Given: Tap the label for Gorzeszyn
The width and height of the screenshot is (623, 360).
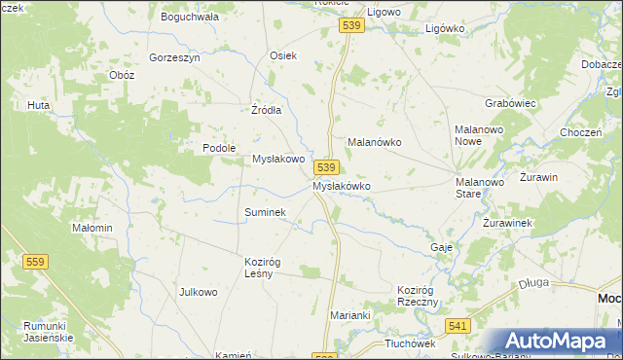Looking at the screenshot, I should [x=174, y=57].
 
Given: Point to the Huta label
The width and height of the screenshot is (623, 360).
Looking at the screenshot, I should [x=39, y=105].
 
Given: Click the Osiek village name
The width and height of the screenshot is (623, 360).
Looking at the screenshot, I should [x=282, y=56].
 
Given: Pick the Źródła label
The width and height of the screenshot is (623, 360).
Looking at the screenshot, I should [x=266, y=110].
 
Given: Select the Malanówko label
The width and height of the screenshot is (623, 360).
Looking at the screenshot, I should [x=375, y=142].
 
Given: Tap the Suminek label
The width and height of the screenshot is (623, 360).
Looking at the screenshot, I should [x=264, y=211].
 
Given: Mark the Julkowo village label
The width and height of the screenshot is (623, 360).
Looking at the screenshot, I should [x=198, y=292].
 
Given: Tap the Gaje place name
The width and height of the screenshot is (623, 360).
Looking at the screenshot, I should [x=441, y=247].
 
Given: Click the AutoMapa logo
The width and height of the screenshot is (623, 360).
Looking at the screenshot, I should [x=556, y=341].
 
